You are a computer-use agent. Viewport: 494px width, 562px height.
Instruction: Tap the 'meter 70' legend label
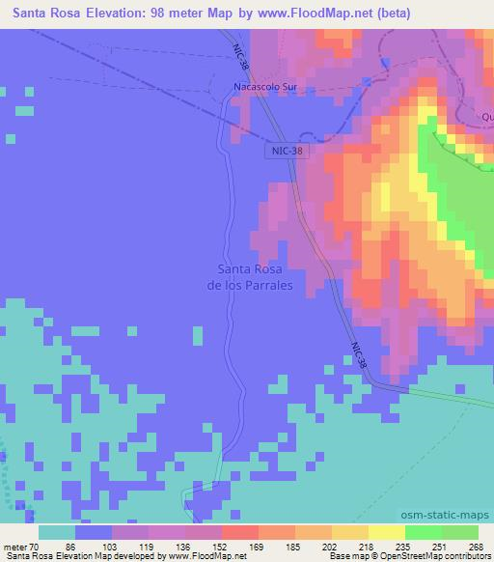coord(21,546)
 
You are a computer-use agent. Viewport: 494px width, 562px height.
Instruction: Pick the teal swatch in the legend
coord(56,532)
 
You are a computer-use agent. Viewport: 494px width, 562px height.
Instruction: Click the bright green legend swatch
coord(423,532)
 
